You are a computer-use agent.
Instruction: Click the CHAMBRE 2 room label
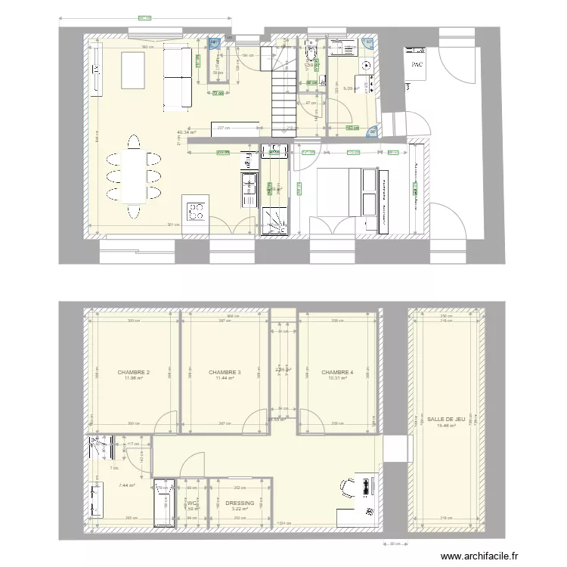pyautogui.click(x=133, y=372)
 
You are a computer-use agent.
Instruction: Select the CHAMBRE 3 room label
pyautogui.click(x=225, y=372)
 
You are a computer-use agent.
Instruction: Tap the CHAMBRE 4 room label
pyautogui.click(x=337, y=372)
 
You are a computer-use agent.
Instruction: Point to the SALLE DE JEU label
pyautogui.click(x=445, y=418)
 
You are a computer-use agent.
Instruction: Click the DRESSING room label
pyautogui.click(x=240, y=503)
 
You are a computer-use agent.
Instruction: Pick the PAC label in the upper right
pyautogui.click(x=417, y=65)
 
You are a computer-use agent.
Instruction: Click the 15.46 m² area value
pyautogui.click(x=445, y=425)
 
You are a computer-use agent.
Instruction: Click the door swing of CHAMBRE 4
pyautogui.click(x=307, y=420)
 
